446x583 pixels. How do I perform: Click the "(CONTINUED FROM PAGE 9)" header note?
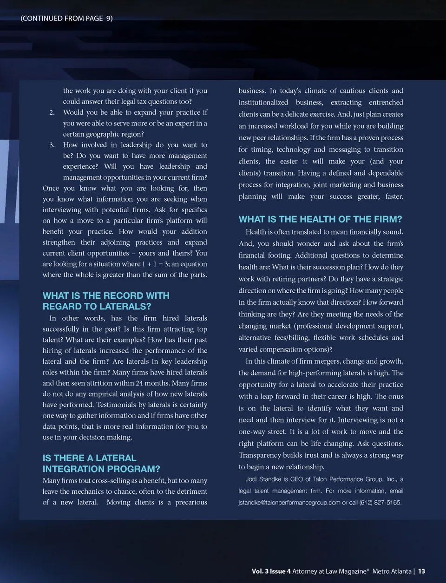point(66,18)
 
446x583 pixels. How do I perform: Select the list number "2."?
point(52,112)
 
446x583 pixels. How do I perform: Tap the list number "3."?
point(52,145)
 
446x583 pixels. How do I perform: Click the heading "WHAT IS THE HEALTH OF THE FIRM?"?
point(320,219)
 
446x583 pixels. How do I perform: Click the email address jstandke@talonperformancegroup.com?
point(289,503)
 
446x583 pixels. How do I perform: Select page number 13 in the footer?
point(421,571)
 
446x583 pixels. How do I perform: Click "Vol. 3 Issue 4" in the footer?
point(271,571)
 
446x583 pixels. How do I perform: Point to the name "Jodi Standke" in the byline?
point(263,479)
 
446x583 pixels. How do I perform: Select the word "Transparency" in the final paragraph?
point(262,455)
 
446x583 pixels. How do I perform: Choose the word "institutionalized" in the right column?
point(263,102)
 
